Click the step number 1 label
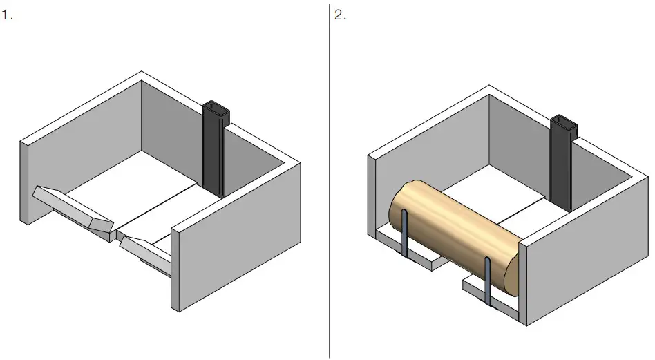pos(7,15)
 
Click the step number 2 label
pos(341,15)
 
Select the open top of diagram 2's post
pos(564,122)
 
